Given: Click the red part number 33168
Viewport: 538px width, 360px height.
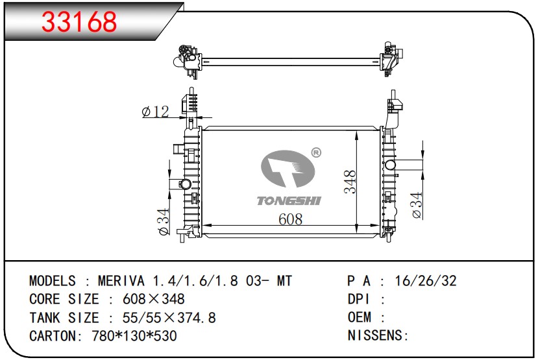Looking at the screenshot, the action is (79, 21).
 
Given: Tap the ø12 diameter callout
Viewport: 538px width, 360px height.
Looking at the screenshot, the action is (155, 112).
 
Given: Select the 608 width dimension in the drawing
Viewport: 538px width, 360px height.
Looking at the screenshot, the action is (291, 219).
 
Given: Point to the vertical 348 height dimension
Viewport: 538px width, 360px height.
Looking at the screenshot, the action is (350, 182).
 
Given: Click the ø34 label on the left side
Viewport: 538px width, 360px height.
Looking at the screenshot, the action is (164, 221).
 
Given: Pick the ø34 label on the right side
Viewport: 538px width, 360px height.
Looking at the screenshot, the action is (417, 205).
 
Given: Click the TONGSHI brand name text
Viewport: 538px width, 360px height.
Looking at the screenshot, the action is (289, 200).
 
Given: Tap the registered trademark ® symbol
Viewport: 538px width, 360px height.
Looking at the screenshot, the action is (315, 152).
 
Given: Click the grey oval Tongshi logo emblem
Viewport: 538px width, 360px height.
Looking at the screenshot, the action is (288, 169).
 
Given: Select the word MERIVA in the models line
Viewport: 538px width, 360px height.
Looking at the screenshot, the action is (121, 281).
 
